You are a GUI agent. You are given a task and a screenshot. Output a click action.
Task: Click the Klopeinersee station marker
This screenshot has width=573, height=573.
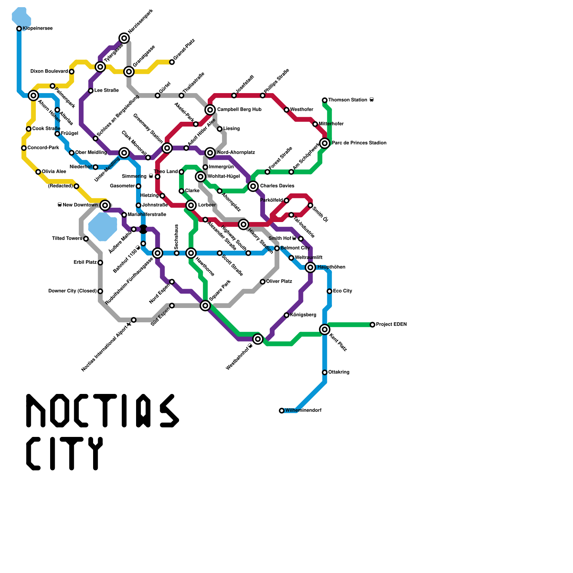[x=19, y=29]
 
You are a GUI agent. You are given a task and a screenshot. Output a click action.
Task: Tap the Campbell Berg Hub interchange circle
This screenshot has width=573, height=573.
[x=210, y=110]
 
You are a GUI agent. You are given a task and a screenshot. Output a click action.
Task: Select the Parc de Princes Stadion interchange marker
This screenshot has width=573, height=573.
[x=325, y=143]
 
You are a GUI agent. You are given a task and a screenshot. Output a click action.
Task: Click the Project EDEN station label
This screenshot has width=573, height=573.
[x=391, y=324]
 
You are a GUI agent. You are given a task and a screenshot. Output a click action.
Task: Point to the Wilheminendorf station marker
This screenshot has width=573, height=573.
[x=282, y=410]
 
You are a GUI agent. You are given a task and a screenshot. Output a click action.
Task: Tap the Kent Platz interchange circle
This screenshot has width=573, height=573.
[x=325, y=329]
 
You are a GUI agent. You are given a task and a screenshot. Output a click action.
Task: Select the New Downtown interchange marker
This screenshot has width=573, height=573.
[x=105, y=205]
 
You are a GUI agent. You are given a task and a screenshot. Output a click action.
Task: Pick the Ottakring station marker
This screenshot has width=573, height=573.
[x=325, y=372]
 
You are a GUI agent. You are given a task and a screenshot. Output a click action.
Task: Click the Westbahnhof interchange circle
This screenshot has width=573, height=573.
[x=258, y=339]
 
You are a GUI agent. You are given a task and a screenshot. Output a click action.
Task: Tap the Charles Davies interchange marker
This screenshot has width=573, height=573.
[x=253, y=186]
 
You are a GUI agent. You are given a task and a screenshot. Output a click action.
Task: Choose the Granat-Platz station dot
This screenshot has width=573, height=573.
[x=172, y=62]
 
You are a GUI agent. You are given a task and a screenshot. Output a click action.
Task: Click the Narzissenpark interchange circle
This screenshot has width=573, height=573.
[x=124, y=38]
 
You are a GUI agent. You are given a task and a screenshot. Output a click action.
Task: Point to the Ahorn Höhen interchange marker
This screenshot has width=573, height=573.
[x=33, y=95]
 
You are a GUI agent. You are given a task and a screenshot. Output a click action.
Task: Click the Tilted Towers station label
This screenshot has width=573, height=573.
[x=67, y=239]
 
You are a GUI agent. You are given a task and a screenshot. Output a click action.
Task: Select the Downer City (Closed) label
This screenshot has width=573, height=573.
[x=72, y=291]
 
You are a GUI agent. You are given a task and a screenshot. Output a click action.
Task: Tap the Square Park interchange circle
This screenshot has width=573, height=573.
[x=205, y=305]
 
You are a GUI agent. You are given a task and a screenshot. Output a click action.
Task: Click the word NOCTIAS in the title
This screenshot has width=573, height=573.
[x=102, y=411]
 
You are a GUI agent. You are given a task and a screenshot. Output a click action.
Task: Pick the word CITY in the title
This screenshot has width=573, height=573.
[x=64, y=453]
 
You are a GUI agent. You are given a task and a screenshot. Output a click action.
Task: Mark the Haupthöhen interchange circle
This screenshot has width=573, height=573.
[x=310, y=267]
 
